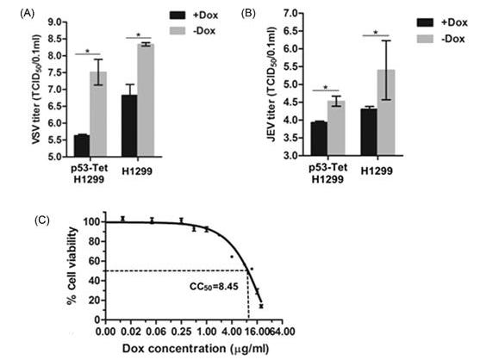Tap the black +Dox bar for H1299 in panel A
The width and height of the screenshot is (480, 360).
tap(128, 126)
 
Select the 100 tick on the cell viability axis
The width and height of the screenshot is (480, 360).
tap(90, 221)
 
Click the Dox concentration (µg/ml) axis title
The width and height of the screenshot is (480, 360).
tap(191, 347)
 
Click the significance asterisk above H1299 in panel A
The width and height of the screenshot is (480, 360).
tap(138, 35)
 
